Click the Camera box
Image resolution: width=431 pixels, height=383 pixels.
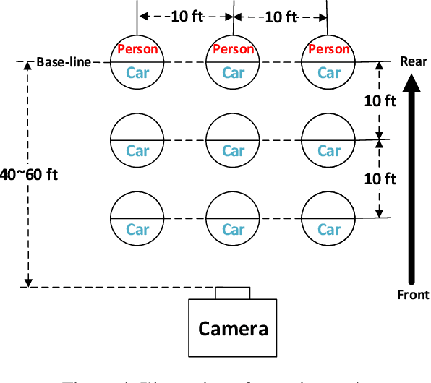[233, 328]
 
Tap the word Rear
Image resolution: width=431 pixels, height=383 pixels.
[414, 61]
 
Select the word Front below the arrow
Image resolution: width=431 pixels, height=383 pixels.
[414, 294]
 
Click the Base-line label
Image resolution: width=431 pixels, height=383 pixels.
[64, 62]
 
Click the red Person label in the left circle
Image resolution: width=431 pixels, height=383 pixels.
[137, 49]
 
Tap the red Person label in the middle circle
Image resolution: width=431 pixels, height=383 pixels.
[233, 49]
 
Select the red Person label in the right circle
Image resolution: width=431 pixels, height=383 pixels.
[329, 49]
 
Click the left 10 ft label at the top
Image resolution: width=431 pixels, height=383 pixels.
[186, 16]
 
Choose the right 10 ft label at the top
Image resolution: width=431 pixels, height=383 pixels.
[281, 16]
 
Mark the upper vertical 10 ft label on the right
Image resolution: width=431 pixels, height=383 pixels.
[379, 100]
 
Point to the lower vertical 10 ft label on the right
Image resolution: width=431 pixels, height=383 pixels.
[379, 178]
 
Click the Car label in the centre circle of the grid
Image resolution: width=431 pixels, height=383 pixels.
[233, 151]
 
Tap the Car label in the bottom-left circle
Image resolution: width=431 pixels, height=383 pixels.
[137, 230]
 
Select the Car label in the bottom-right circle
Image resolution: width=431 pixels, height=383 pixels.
[329, 230]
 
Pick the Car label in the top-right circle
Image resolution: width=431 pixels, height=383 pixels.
[329, 72]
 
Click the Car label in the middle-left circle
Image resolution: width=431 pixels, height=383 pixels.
[137, 151]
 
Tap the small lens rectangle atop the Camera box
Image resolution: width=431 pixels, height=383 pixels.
[233, 293]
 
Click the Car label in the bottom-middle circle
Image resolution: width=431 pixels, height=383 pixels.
[233, 230]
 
